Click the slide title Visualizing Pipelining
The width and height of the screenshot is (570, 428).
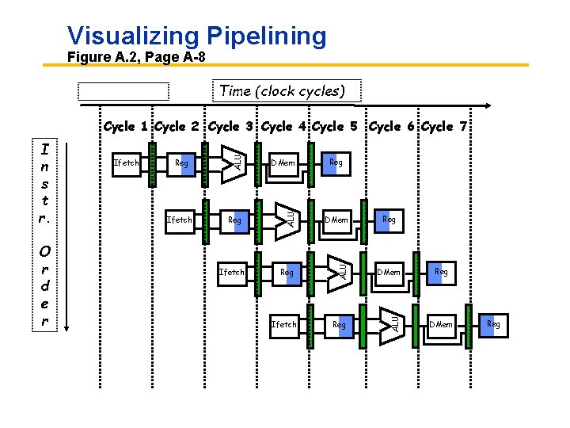pyautogui.click(x=196, y=36)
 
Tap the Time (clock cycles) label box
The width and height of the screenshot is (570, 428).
pyautogui.click(x=282, y=91)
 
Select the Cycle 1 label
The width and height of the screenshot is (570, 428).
pyautogui.click(x=125, y=127)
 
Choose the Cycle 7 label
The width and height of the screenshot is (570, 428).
pyautogui.click(x=448, y=127)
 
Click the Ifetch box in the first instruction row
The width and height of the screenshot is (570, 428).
pyautogui.click(x=127, y=163)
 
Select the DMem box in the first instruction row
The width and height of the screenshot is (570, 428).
pyautogui.click(x=283, y=163)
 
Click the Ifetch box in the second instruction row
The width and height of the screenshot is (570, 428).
pyautogui.click(x=179, y=219)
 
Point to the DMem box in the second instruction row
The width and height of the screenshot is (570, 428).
pyautogui.click(x=336, y=219)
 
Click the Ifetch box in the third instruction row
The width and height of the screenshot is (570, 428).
pyautogui.click(x=231, y=272)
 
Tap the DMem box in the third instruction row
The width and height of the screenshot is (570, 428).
pyautogui.click(x=389, y=272)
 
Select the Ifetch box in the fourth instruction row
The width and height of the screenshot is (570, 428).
pyautogui.click(x=283, y=324)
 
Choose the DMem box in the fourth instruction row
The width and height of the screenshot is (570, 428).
pyautogui.click(x=441, y=324)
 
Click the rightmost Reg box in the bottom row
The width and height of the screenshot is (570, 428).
pyautogui.click(x=493, y=324)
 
